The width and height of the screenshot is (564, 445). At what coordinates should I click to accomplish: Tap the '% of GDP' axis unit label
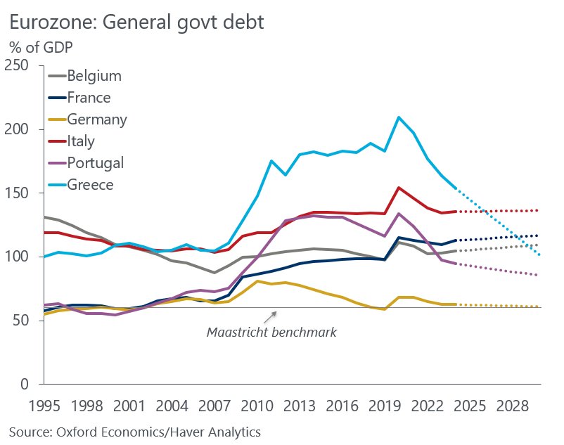(41, 49)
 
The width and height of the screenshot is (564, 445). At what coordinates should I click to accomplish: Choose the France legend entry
(89, 98)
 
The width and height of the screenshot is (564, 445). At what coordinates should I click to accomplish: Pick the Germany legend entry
(97, 120)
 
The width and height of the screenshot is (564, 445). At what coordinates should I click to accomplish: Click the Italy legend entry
(81, 141)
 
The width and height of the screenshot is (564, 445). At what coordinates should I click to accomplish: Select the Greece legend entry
(90, 185)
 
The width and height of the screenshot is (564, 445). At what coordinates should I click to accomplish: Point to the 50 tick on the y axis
(23, 321)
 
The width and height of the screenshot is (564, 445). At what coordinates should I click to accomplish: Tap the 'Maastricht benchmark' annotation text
(271, 332)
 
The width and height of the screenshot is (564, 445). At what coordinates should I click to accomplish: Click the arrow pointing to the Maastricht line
(274, 316)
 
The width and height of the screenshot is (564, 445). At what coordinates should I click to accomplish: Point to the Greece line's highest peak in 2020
(399, 117)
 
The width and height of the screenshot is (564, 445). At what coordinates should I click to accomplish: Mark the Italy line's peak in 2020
(399, 188)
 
